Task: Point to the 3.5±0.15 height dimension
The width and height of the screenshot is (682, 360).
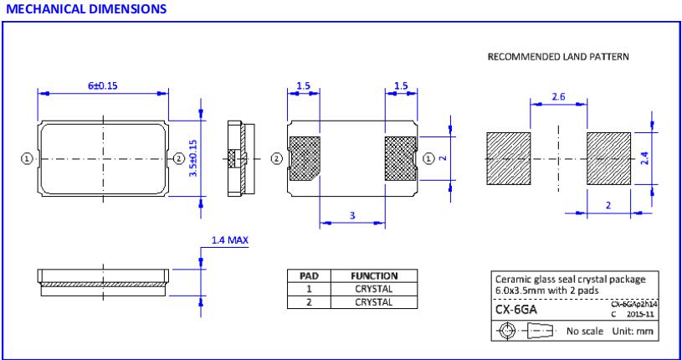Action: click(x=192, y=158)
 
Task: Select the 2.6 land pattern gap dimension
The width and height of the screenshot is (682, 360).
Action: click(x=558, y=97)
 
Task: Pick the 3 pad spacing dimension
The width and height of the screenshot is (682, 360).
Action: click(x=352, y=216)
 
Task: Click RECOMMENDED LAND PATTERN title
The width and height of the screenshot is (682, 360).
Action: click(x=557, y=56)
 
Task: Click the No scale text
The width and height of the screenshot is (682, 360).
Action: click(x=586, y=331)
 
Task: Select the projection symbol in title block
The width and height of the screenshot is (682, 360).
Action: click(x=526, y=331)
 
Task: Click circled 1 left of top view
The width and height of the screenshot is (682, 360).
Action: click(x=27, y=158)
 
